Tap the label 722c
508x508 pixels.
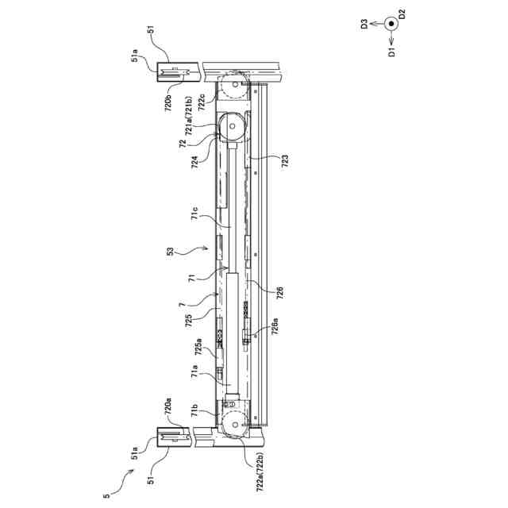point(204,106)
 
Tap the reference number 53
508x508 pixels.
point(171,252)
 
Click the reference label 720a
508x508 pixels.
point(169,408)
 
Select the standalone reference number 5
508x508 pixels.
point(105,497)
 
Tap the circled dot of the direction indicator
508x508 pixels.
point(391,24)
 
